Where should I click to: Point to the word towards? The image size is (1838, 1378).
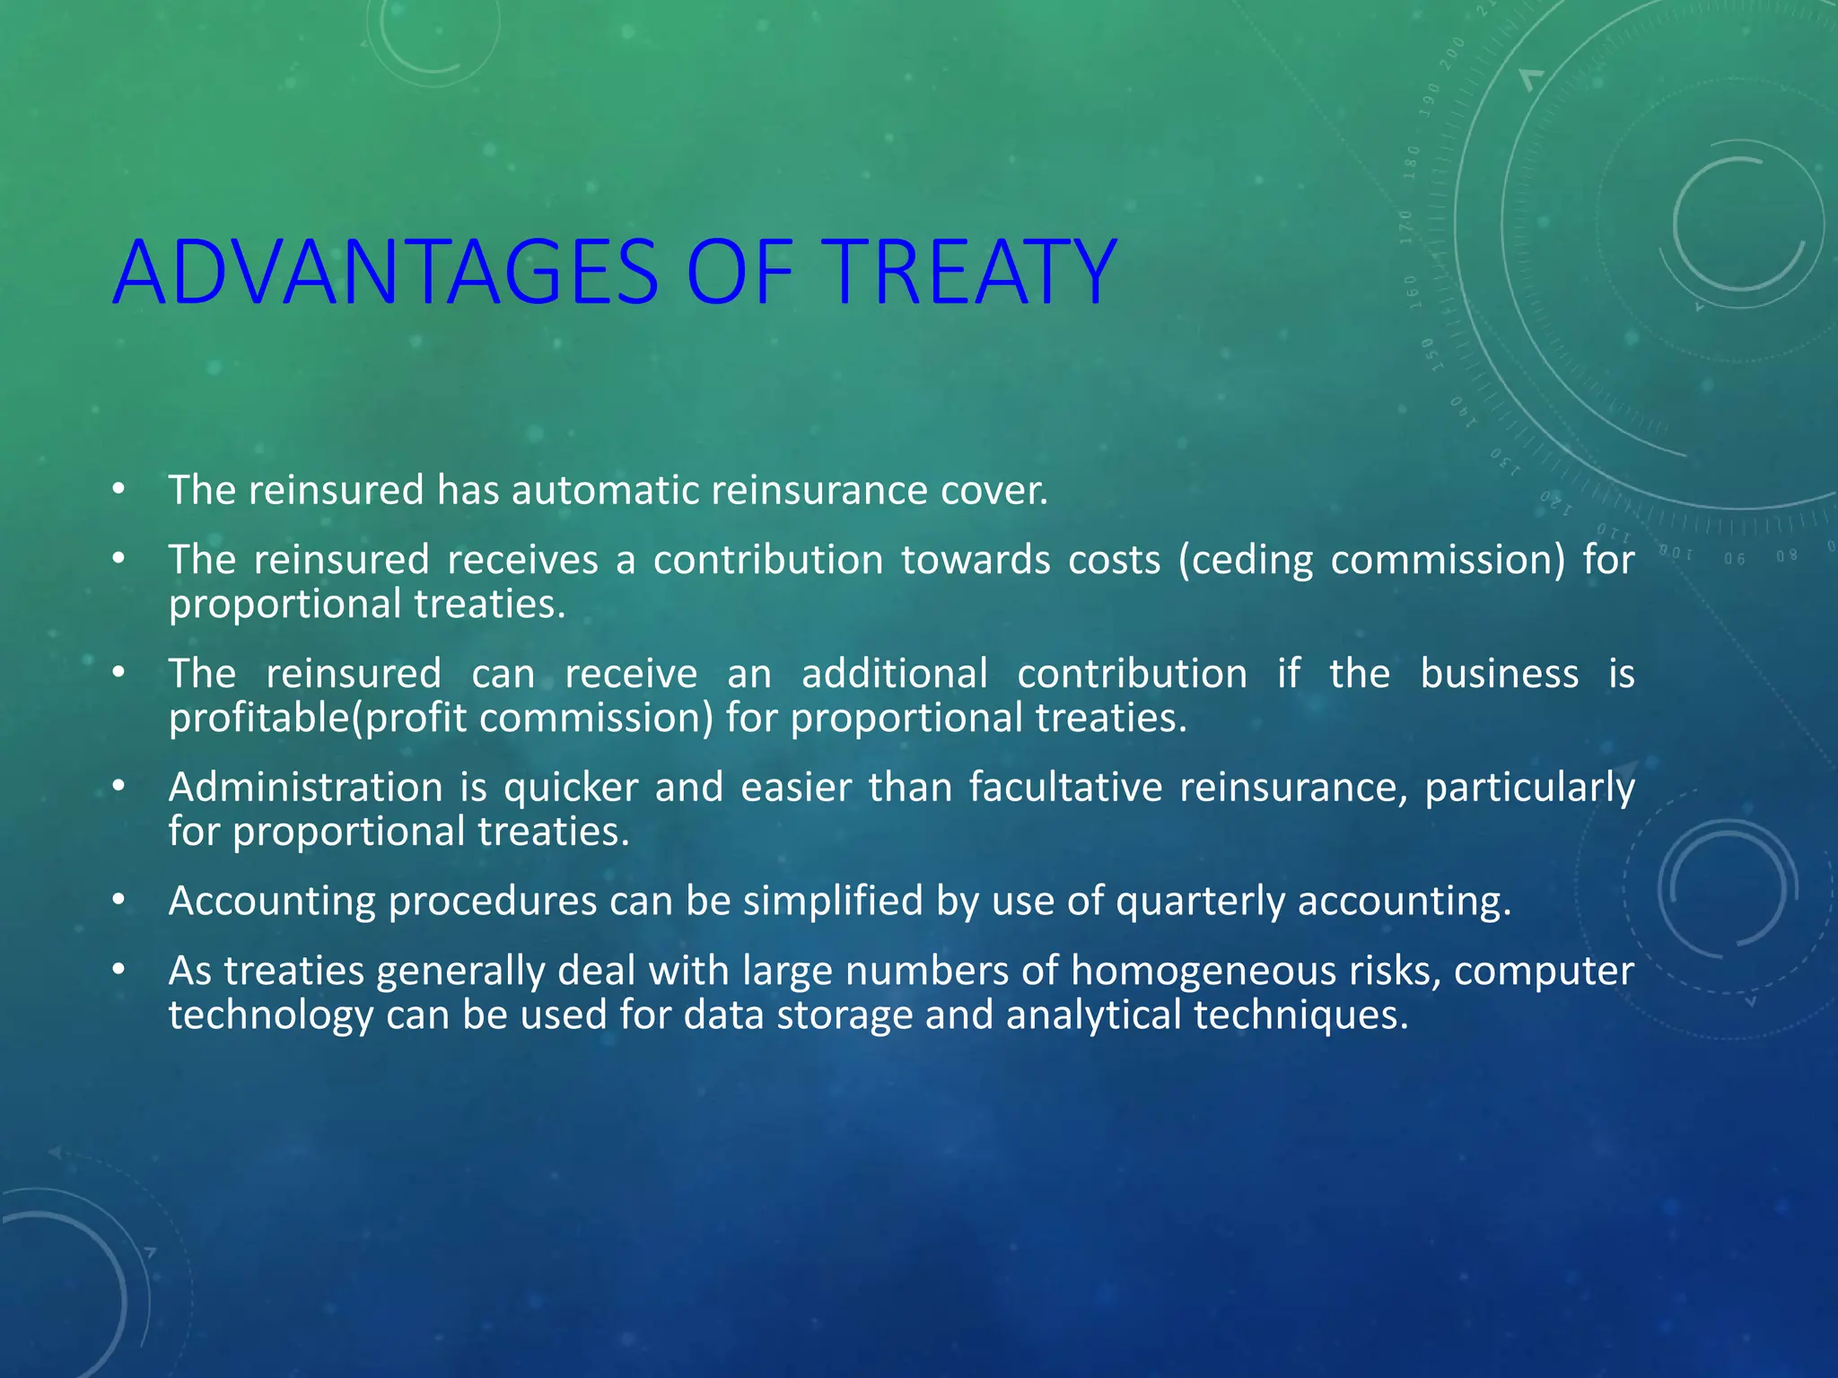pyautogui.click(x=975, y=561)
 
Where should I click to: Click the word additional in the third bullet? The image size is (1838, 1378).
pyautogui.click(x=894, y=674)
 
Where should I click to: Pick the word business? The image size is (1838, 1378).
pyautogui.click(x=1499, y=674)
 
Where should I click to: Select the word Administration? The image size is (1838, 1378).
pyautogui.click(x=305, y=788)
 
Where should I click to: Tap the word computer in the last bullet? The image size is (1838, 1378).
pyautogui.click(x=1544, y=972)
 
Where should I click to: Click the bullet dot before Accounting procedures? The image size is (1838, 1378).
pyautogui.click(x=118, y=900)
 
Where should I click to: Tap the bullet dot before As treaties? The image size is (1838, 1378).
pyautogui.click(x=118, y=970)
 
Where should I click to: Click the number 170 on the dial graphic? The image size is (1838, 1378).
pyautogui.click(x=1405, y=227)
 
